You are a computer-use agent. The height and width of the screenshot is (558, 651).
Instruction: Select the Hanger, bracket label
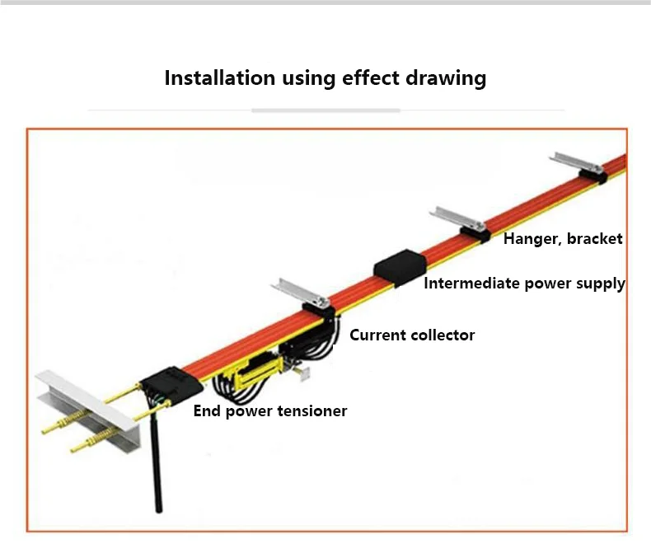(563, 239)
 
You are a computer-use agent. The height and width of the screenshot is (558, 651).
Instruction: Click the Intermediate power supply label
(524, 284)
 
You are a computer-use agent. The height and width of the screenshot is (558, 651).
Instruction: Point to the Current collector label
(412, 335)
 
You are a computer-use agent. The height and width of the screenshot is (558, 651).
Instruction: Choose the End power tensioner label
(270, 410)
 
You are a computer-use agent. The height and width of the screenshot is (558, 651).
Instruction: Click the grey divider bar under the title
(325, 110)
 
